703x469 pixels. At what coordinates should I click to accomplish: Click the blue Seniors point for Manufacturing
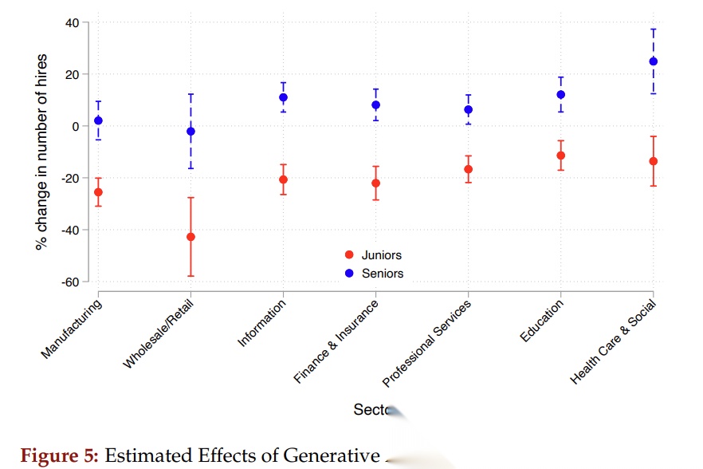[98, 120]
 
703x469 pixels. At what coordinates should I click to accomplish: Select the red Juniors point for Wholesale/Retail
[190, 237]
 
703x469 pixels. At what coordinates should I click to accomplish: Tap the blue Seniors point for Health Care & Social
[653, 61]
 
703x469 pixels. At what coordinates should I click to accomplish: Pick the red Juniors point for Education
[560, 156]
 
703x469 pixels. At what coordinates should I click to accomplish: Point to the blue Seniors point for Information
[283, 97]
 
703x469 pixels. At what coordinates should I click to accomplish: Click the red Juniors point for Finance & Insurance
[375, 183]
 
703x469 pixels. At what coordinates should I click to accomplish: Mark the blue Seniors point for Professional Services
[468, 109]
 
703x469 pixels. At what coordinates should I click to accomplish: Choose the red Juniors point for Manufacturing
[98, 192]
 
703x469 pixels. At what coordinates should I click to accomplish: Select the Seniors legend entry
[382, 273]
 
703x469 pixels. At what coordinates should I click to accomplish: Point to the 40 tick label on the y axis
[71, 22]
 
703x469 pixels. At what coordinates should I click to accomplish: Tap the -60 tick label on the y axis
[69, 282]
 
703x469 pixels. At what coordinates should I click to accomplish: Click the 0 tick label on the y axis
[75, 126]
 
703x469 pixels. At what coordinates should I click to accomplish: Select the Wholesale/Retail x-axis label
[159, 335]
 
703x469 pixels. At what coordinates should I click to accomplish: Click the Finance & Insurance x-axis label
[336, 343]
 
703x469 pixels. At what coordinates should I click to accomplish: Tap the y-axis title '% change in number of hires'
[42, 152]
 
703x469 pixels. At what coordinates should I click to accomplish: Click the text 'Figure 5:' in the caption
[59, 456]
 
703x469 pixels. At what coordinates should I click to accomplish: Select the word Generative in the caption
[328, 456]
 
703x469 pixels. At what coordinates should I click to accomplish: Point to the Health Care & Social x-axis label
[613, 343]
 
